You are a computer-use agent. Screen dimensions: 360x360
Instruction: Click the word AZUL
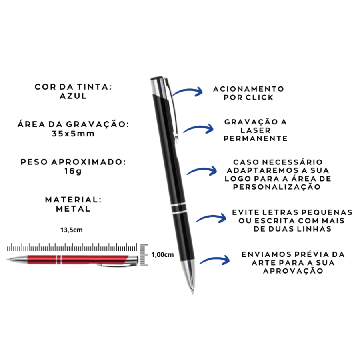click(73, 96)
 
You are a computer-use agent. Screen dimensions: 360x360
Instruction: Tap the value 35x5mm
click(73, 134)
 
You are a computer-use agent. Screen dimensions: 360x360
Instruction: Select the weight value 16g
click(73, 171)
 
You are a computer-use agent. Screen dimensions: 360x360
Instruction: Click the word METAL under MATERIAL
click(73, 209)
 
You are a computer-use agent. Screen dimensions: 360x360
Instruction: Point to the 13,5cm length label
click(72, 230)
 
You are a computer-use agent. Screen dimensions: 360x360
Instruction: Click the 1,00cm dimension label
click(162, 255)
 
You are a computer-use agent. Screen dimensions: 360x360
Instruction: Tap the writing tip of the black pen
click(193, 292)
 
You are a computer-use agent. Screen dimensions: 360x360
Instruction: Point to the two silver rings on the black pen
click(179, 208)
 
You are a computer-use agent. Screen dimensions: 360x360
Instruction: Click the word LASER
click(256, 130)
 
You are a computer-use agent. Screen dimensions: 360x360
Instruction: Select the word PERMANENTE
click(256, 138)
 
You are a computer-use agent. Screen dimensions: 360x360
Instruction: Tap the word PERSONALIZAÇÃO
click(277, 187)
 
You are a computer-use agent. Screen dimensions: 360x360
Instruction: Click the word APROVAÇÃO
click(293, 271)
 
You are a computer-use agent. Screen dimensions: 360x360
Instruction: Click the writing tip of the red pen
click(8, 260)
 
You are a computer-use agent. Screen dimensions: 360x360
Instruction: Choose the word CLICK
click(260, 97)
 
